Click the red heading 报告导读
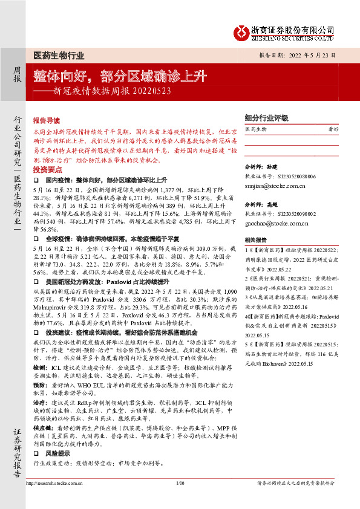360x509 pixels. pyautogui.click(x=47, y=121)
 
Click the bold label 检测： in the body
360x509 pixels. pyautogui.click(x=40, y=367)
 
